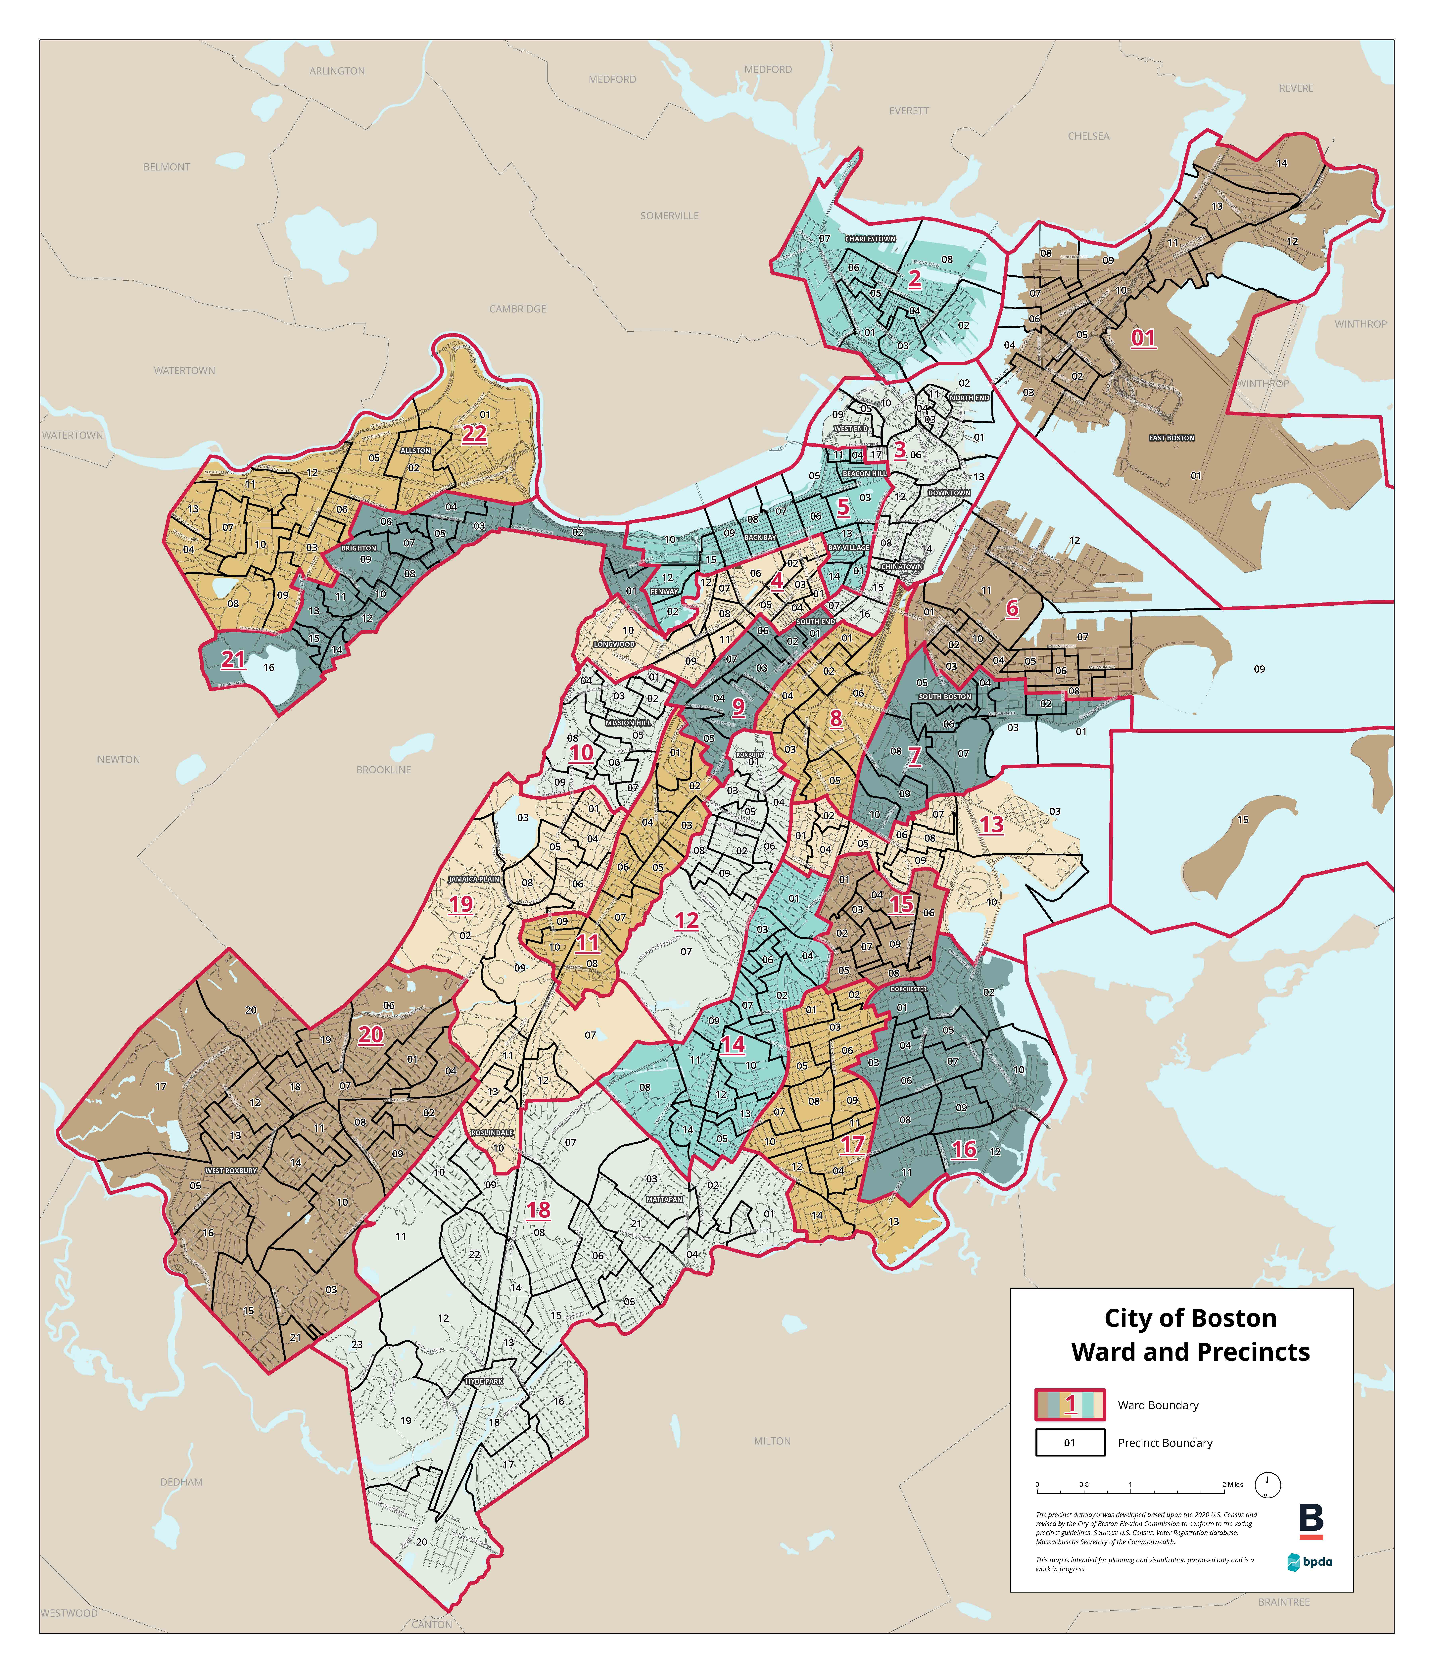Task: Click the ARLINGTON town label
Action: coord(337,71)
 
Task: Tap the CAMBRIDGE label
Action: coord(518,309)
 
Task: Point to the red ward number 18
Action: coord(539,1210)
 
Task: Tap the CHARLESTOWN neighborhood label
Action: coord(870,239)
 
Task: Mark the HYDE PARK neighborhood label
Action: coord(484,1381)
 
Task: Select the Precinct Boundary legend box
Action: coord(1070,1443)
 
